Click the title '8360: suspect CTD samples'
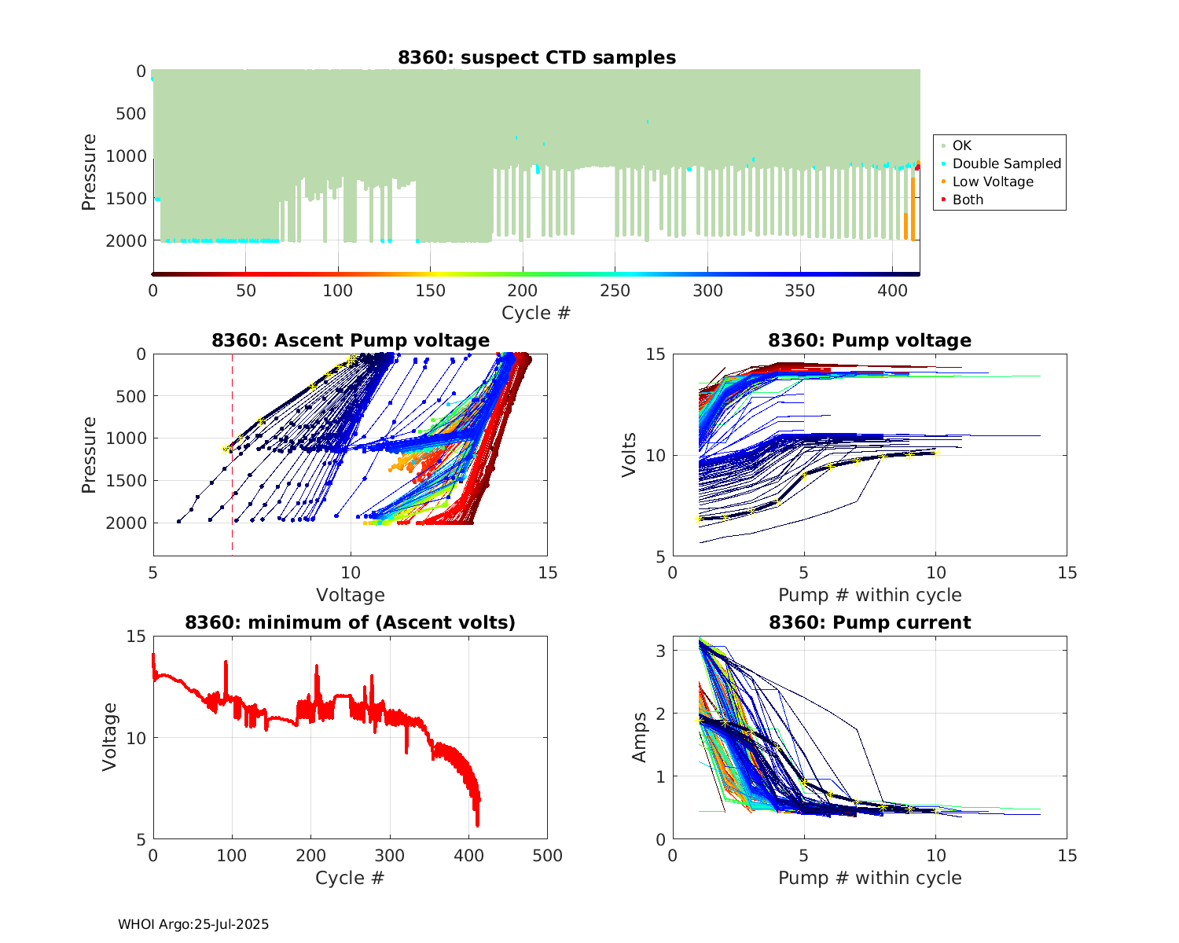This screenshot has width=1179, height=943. (537, 57)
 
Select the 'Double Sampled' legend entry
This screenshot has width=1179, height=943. (1006, 163)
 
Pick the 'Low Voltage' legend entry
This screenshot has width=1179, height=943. (992, 182)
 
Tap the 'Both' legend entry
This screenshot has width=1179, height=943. (968, 200)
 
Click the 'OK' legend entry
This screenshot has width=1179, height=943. (961, 145)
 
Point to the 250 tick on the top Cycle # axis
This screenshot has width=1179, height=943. (615, 291)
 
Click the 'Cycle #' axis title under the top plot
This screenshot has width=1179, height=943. (536, 313)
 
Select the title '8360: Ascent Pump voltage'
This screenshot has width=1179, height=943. (351, 340)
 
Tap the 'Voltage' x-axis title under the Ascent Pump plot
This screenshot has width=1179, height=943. (351, 595)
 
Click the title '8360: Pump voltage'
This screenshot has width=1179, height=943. (869, 340)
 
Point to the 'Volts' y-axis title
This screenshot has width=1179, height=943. (629, 456)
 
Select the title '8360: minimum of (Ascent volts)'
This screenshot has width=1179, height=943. (351, 622)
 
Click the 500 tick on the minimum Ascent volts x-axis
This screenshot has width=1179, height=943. (547, 856)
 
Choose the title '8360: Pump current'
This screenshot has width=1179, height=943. (869, 622)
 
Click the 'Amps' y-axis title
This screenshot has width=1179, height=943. (640, 737)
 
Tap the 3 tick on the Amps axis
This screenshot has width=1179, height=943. (662, 651)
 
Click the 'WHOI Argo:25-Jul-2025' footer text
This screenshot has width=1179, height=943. (193, 924)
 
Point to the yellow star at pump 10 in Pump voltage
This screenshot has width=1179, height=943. (935, 454)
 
